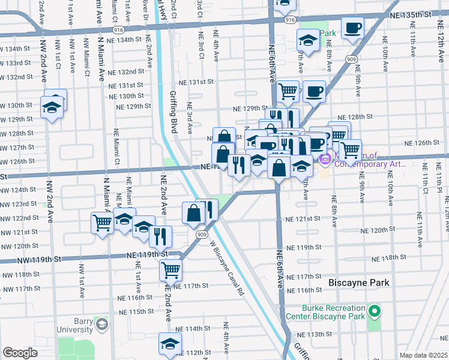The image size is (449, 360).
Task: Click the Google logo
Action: coord(20,353)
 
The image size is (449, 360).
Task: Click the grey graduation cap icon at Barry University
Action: coord(102,324)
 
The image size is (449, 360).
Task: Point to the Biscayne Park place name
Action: coord(359,282)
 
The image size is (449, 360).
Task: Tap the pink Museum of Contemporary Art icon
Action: coord(326,159)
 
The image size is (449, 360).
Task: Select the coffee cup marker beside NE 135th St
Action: coord(352,27)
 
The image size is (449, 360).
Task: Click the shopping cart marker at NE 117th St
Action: coord(171,271)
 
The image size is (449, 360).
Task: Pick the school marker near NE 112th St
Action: coord(170,344)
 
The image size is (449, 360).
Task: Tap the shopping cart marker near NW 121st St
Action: coord(103,223)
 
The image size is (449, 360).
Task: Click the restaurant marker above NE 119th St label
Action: coord(160,235)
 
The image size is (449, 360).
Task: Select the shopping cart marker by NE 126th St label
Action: coord(350,149)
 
